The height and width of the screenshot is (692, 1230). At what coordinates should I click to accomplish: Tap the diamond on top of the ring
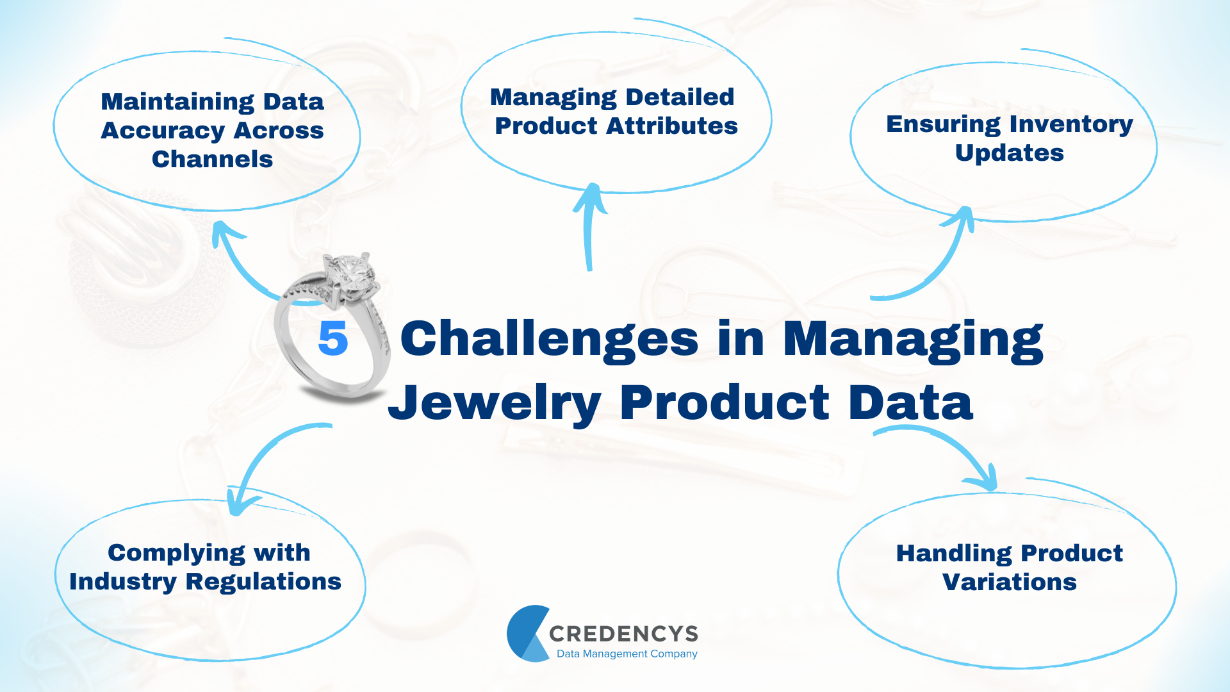pyautogui.click(x=351, y=274)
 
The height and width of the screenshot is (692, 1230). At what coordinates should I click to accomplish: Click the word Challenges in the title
pyautogui.click(x=549, y=340)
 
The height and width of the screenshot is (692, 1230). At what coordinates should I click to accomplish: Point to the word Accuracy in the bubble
pyautogui.click(x=163, y=131)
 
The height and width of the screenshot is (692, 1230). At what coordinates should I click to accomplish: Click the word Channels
pyautogui.click(x=212, y=159)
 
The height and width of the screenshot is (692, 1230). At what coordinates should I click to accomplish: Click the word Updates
pyautogui.click(x=1009, y=153)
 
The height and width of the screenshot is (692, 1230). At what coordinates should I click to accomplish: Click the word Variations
pyautogui.click(x=1009, y=582)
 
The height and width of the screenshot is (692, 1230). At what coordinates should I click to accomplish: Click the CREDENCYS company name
pyautogui.click(x=623, y=634)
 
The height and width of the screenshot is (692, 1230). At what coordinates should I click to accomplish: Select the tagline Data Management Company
pyautogui.click(x=627, y=654)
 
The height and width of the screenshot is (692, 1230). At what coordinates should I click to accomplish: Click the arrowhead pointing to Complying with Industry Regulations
pyautogui.click(x=238, y=503)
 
